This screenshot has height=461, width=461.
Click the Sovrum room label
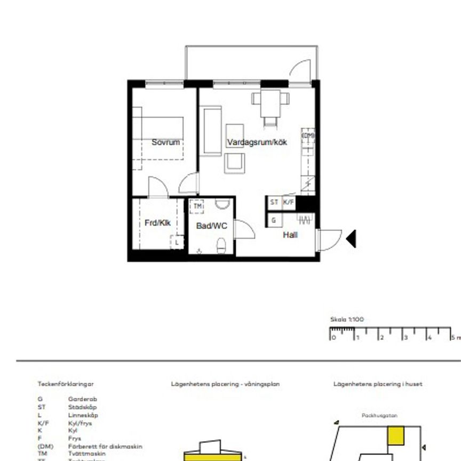[x=166, y=142]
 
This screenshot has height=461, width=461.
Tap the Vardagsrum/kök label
[x=257, y=142]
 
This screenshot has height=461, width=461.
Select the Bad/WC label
[x=211, y=226]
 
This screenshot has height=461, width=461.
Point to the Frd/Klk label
[x=157, y=223]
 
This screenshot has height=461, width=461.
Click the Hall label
[x=290, y=235]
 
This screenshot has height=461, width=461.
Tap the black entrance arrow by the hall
[x=351, y=239]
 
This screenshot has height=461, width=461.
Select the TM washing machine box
[x=197, y=206]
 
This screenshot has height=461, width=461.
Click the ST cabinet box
[x=274, y=202]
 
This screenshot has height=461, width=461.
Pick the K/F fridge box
[x=288, y=202]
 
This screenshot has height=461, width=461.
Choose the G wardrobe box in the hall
[x=274, y=220]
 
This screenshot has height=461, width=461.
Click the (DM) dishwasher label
[x=308, y=136]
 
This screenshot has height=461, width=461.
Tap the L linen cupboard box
[x=177, y=243]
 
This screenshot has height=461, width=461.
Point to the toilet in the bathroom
[x=221, y=245]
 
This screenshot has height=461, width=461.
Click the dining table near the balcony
[x=270, y=99]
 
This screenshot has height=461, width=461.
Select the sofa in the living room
[x=211, y=131]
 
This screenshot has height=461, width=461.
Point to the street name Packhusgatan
[x=379, y=415]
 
